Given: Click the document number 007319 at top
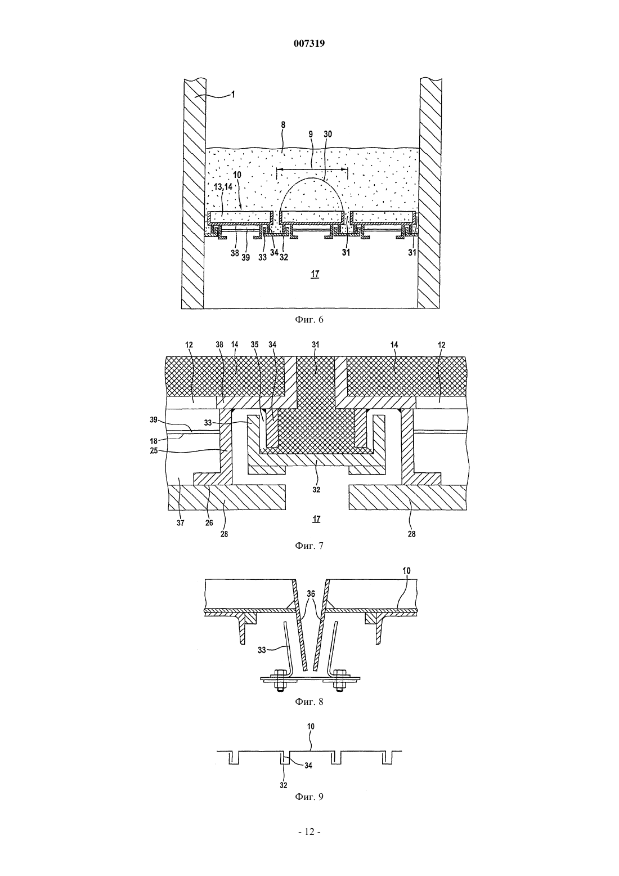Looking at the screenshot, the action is (x=309, y=43).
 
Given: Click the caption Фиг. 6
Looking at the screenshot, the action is (x=309, y=320).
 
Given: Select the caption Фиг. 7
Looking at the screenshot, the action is (x=309, y=546).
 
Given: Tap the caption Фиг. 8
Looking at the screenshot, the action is (x=309, y=701).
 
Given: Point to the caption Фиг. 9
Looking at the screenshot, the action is (x=309, y=797).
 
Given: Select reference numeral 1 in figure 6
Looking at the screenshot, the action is (x=233, y=94).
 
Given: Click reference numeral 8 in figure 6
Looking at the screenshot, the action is (x=283, y=125).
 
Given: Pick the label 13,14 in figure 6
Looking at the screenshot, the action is (x=223, y=186).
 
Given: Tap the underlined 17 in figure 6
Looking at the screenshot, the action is (x=315, y=274).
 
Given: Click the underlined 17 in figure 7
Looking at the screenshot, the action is (x=316, y=519).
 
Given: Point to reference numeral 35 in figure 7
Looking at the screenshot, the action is (x=255, y=345).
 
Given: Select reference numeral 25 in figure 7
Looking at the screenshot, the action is (x=154, y=450).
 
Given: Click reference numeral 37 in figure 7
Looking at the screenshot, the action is (x=180, y=522).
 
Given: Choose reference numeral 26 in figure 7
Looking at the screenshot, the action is (x=209, y=522).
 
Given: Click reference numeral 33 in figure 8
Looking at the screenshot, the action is (x=262, y=650).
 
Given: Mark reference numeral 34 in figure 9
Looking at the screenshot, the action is (x=308, y=766).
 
